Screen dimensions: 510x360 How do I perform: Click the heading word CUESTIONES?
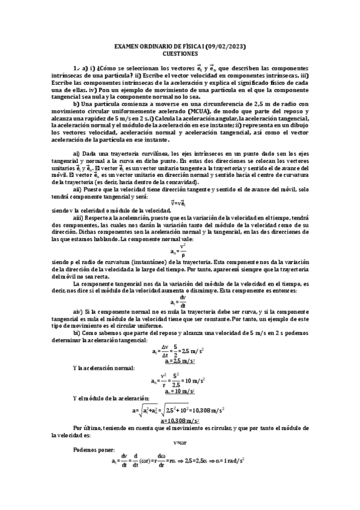point(180,54)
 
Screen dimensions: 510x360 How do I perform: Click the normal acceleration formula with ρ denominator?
point(180,250)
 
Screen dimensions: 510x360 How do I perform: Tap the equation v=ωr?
point(180,442)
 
